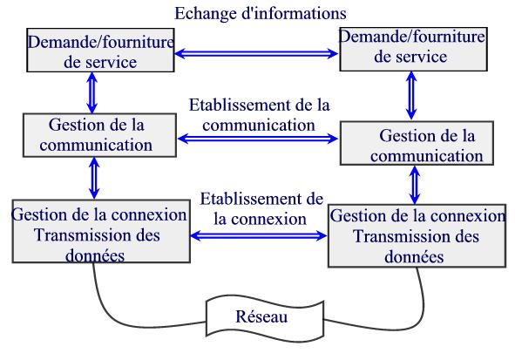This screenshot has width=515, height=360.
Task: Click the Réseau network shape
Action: pos(265,317)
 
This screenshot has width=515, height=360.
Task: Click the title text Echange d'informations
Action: pos(261,14)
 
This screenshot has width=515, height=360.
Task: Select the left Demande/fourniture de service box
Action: pos(100,50)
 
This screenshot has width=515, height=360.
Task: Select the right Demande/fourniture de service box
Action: pos(413,50)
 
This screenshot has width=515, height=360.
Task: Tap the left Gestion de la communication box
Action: pos(99,135)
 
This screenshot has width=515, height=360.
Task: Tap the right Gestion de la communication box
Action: pos(417,143)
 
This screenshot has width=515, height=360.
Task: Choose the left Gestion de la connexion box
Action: pos(101,231)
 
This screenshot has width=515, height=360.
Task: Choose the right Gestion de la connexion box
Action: pos(417,236)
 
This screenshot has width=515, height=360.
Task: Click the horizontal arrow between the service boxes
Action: pos(256,53)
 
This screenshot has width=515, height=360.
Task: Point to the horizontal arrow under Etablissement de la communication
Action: pos(258,139)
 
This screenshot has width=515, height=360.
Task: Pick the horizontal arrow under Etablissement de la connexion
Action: pos(259,235)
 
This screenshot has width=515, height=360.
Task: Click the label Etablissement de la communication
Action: pos(259,115)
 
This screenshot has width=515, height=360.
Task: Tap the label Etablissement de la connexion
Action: pos(261,209)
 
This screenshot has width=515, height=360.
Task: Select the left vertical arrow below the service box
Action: pos(92,93)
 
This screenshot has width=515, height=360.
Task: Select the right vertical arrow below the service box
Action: pos(411,96)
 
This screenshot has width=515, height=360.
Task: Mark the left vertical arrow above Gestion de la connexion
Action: pos(94,178)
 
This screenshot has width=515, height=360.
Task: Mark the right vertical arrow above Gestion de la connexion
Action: pos(415,185)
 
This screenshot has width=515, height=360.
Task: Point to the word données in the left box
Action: pos(95,255)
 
